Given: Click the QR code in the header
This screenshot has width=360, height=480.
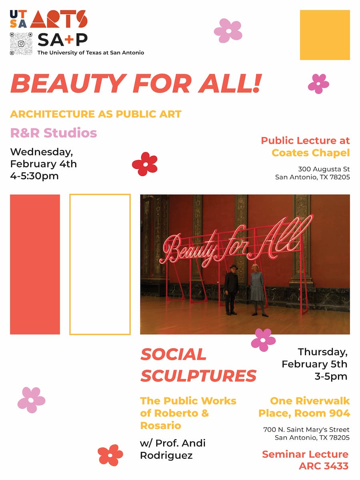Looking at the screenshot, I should [x=21, y=44].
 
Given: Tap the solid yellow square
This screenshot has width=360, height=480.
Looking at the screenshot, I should [x=325, y=35].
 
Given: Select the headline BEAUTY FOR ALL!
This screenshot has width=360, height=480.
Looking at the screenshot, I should [x=136, y=83].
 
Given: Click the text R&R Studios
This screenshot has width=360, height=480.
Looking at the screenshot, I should [x=54, y=133].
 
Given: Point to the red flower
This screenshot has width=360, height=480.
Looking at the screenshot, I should [x=145, y=164].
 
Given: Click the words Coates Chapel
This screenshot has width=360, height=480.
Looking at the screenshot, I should [x=310, y=152].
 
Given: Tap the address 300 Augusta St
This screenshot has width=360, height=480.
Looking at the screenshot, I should [x=324, y=169].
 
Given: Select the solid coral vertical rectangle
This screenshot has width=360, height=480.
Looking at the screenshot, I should [x=35, y=264].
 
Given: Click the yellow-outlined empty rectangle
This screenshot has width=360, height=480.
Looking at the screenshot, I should [x=100, y=264].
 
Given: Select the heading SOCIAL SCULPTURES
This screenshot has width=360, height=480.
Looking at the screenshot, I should [x=198, y=365].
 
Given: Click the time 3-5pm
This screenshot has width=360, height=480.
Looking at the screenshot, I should [x=331, y=376].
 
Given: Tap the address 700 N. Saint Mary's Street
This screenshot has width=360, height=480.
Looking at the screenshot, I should [x=306, y=430].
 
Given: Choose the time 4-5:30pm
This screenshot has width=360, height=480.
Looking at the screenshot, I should [x=34, y=176].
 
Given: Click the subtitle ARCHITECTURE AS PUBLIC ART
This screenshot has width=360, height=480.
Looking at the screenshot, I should [x=96, y=114].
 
